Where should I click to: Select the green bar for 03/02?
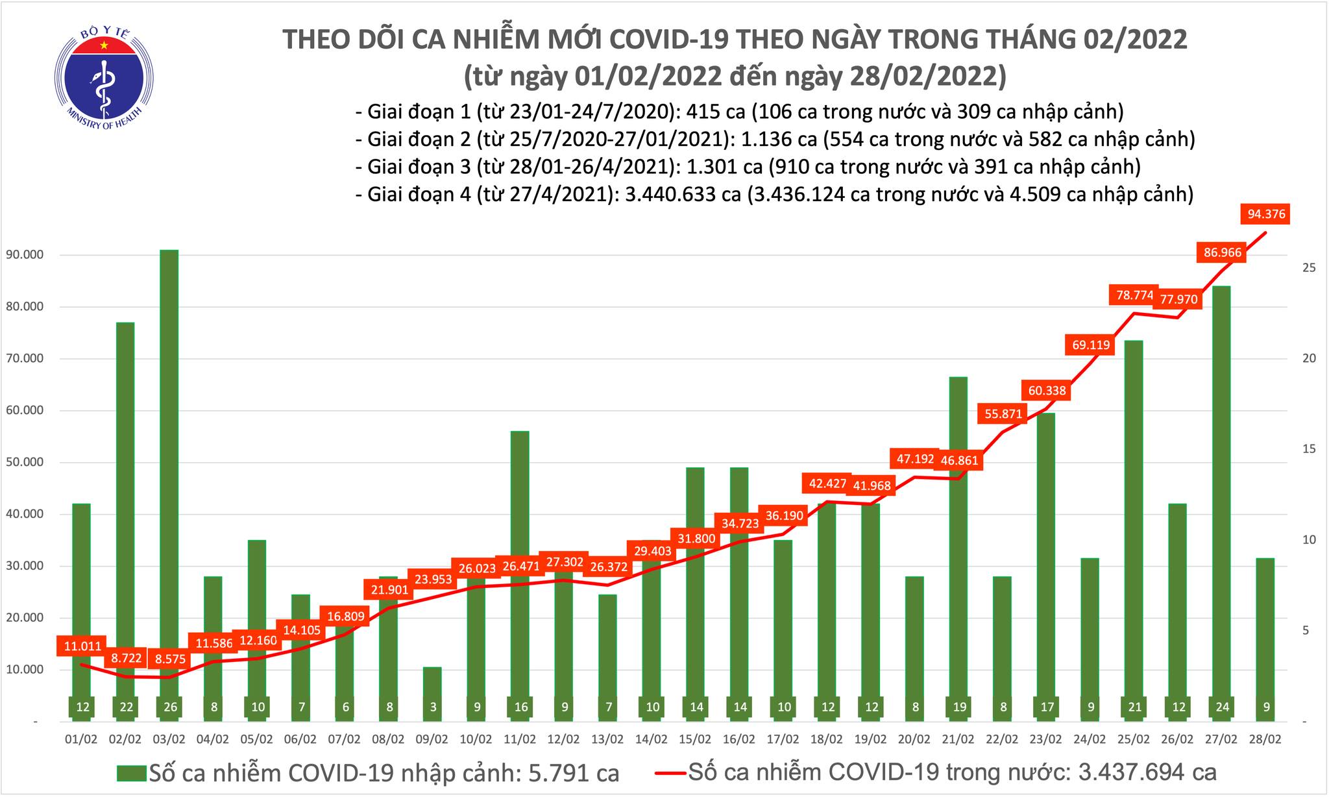point(169,454)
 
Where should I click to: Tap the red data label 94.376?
point(1265,214)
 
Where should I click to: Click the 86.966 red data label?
point(1223,252)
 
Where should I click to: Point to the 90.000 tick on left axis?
point(23,255)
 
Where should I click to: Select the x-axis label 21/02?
point(958,739)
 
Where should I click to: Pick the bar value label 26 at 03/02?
point(170,707)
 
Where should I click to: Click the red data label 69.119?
point(1090,345)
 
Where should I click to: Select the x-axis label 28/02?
point(1265,739)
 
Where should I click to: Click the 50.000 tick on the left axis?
point(23,462)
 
